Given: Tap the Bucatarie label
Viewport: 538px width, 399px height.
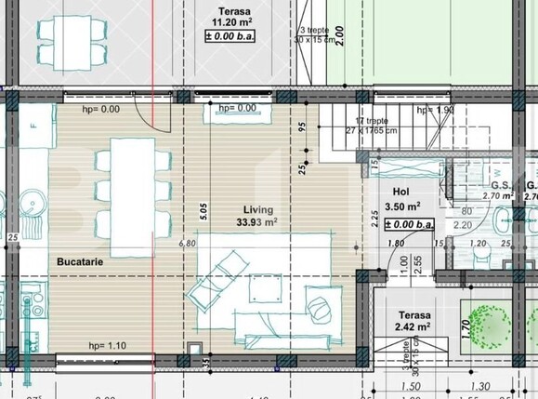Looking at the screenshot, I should click(81, 263).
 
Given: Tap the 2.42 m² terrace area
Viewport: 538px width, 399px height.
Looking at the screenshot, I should click(410, 326).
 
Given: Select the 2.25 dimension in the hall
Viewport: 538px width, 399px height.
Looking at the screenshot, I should click(374, 219).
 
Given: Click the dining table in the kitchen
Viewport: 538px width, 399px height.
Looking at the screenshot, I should click(131, 197).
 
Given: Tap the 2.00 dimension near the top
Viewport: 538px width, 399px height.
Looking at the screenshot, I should click(340, 35).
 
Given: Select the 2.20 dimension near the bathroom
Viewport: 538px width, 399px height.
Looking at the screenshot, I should click(461, 224).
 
